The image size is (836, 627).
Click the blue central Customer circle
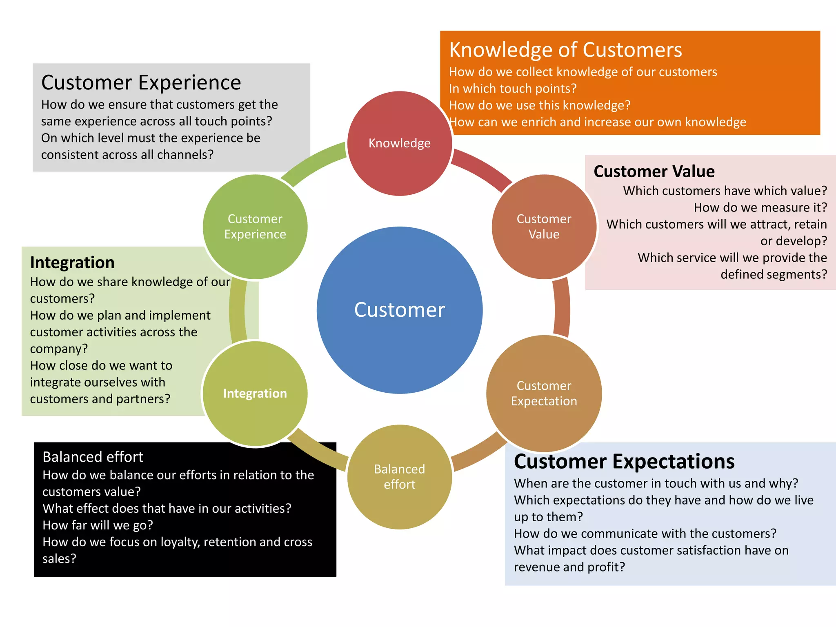(399, 310)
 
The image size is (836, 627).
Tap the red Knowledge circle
(399, 143)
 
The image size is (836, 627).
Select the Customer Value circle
(544, 227)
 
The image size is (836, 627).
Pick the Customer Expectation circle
(544, 393)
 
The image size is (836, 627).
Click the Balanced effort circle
(399, 477)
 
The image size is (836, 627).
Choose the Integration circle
(255, 393)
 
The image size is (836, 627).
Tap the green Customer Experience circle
(255, 227)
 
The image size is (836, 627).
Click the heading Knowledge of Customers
(565, 50)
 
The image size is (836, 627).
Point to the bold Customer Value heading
(654, 171)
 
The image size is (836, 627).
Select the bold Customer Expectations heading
(624, 462)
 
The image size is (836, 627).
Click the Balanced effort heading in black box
(93, 457)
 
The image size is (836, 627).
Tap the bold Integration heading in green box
(72, 262)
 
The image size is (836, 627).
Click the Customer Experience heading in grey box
(141, 82)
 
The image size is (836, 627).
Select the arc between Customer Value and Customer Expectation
(562, 308)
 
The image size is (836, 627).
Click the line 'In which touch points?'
(513, 89)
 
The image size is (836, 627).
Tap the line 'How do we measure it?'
(760, 207)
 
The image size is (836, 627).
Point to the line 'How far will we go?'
(98, 525)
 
